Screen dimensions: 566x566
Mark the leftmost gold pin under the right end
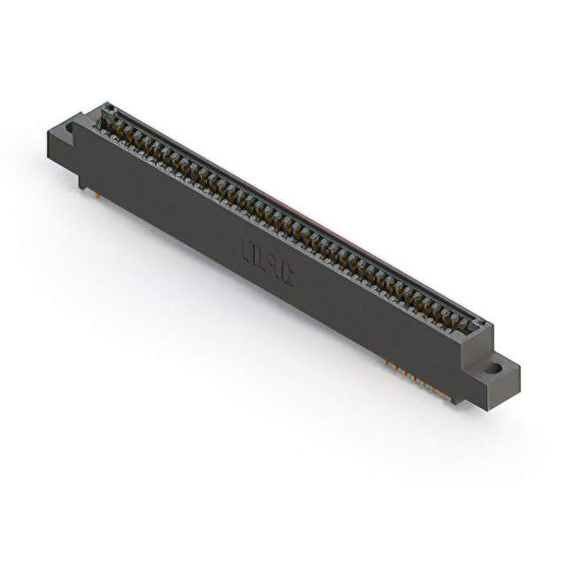pos(387,363)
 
